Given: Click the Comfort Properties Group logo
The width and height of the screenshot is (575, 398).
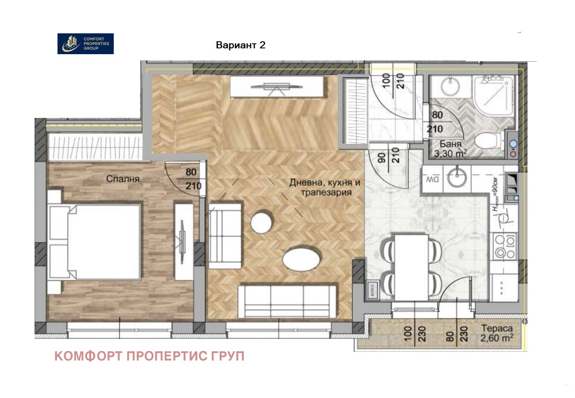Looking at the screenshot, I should [x=85, y=44].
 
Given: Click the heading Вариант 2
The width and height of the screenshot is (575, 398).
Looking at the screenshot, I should [x=240, y=45].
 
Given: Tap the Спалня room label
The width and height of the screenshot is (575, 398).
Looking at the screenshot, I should [x=122, y=179].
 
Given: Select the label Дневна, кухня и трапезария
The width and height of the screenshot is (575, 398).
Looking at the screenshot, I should [x=325, y=188].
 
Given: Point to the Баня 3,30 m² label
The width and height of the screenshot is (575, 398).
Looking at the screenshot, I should [x=450, y=149].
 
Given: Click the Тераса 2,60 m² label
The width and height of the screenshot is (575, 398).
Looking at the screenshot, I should [x=497, y=333].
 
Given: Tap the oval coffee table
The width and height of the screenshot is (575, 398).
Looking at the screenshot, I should [x=301, y=259].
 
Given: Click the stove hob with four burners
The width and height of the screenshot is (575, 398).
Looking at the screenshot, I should [x=505, y=246].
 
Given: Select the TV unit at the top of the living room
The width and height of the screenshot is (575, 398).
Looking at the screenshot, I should [x=277, y=87].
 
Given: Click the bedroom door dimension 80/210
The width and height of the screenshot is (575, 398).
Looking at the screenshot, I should [x=192, y=179].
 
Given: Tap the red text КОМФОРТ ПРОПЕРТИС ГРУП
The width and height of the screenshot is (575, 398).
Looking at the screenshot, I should [x=149, y=356].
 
